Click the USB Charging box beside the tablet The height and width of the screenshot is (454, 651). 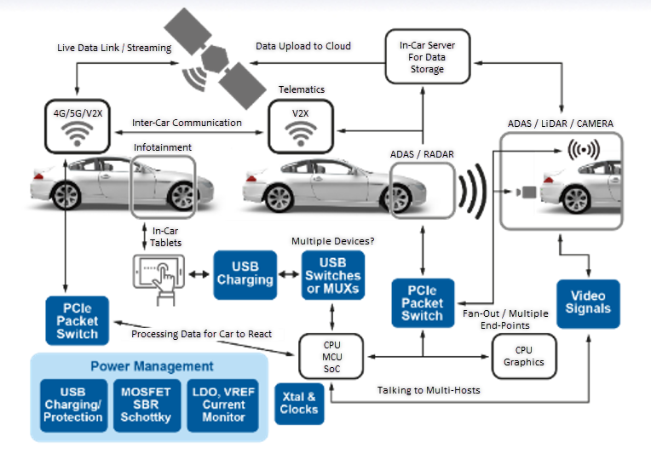(x=245, y=274)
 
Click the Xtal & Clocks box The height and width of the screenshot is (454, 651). (x=298, y=403)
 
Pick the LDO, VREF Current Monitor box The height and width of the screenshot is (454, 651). (x=224, y=403)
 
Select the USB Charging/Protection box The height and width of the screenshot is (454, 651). (x=72, y=403)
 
